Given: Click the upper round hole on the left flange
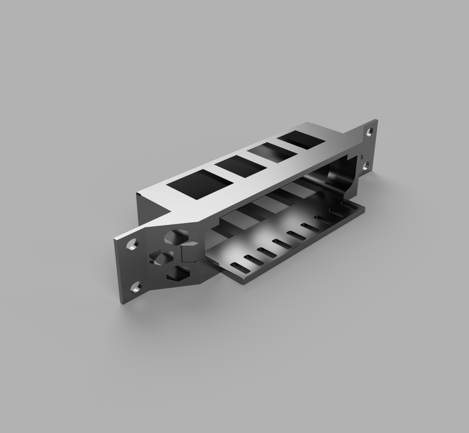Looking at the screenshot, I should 132,244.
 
